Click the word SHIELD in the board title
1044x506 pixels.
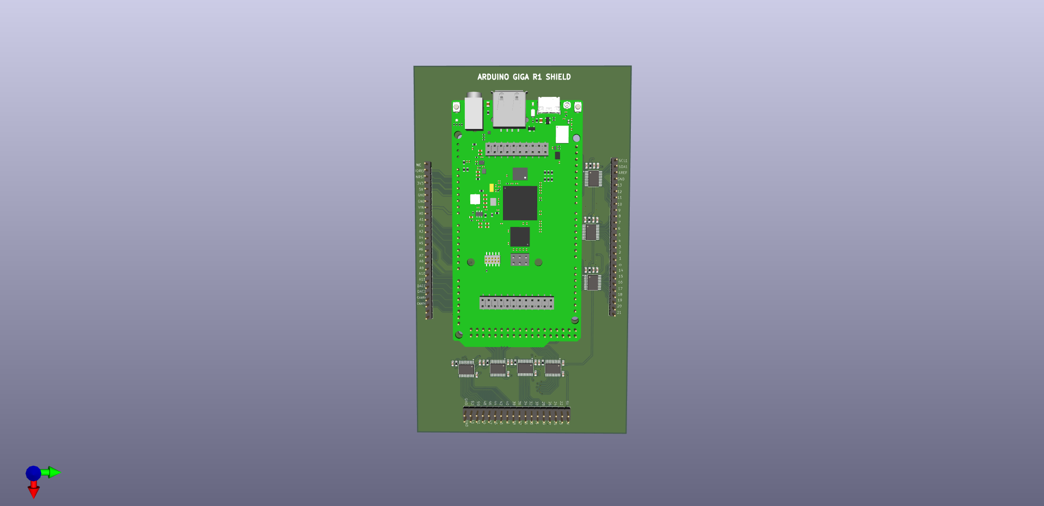(558, 77)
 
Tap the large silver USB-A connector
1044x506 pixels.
(509, 109)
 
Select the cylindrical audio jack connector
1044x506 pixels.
(473, 112)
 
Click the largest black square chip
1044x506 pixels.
(520, 203)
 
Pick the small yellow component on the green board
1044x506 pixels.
(492, 188)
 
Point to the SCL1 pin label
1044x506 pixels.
(623, 161)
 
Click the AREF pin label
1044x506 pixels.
(623, 173)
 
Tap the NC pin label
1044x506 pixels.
(419, 165)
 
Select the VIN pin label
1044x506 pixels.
(421, 207)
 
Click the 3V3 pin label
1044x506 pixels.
(420, 183)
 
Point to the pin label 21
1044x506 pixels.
(619, 312)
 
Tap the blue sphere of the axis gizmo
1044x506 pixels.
(33, 473)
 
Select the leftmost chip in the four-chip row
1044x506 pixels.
(466, 370)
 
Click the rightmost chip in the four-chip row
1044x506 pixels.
(552, 369)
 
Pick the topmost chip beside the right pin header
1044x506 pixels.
(593, 178)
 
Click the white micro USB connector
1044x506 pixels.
(549, 104)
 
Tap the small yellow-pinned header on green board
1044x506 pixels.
(492, 260)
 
